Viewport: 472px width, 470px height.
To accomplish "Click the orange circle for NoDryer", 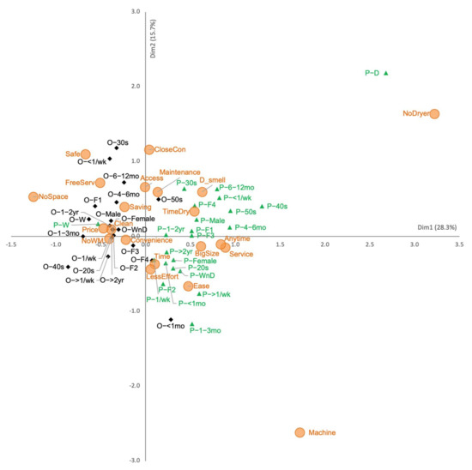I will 434,114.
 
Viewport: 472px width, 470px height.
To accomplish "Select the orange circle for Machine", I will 300,433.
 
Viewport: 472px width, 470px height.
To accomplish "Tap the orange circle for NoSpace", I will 33,197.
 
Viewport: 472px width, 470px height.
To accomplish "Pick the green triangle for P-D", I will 386,73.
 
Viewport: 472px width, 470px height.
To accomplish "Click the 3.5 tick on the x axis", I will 458,244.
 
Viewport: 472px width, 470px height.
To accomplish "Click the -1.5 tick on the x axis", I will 12,244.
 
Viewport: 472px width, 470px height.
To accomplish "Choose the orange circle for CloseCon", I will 149,150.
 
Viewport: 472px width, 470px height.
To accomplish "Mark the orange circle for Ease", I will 188,286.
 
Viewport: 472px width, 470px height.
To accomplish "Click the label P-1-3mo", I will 205,330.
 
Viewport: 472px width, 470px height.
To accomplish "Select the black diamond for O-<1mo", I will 172,319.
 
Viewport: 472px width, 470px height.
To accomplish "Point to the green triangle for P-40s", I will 263,206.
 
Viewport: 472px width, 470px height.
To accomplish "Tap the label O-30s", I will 118,142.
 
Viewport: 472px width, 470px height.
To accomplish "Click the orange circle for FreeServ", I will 100,183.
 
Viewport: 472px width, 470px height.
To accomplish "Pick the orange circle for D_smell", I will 203,192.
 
